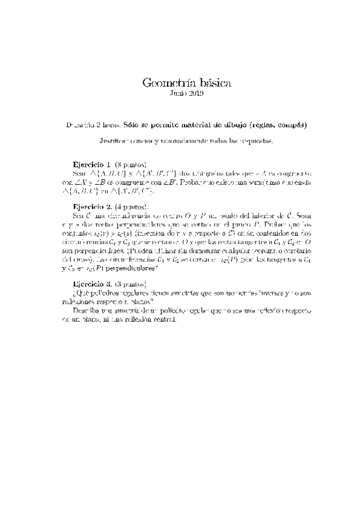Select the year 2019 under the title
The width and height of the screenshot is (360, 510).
[x=195, y=94]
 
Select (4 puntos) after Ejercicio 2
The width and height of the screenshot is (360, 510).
[x=130, y=206]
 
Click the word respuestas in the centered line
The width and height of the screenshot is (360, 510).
[x=257, y=141]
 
